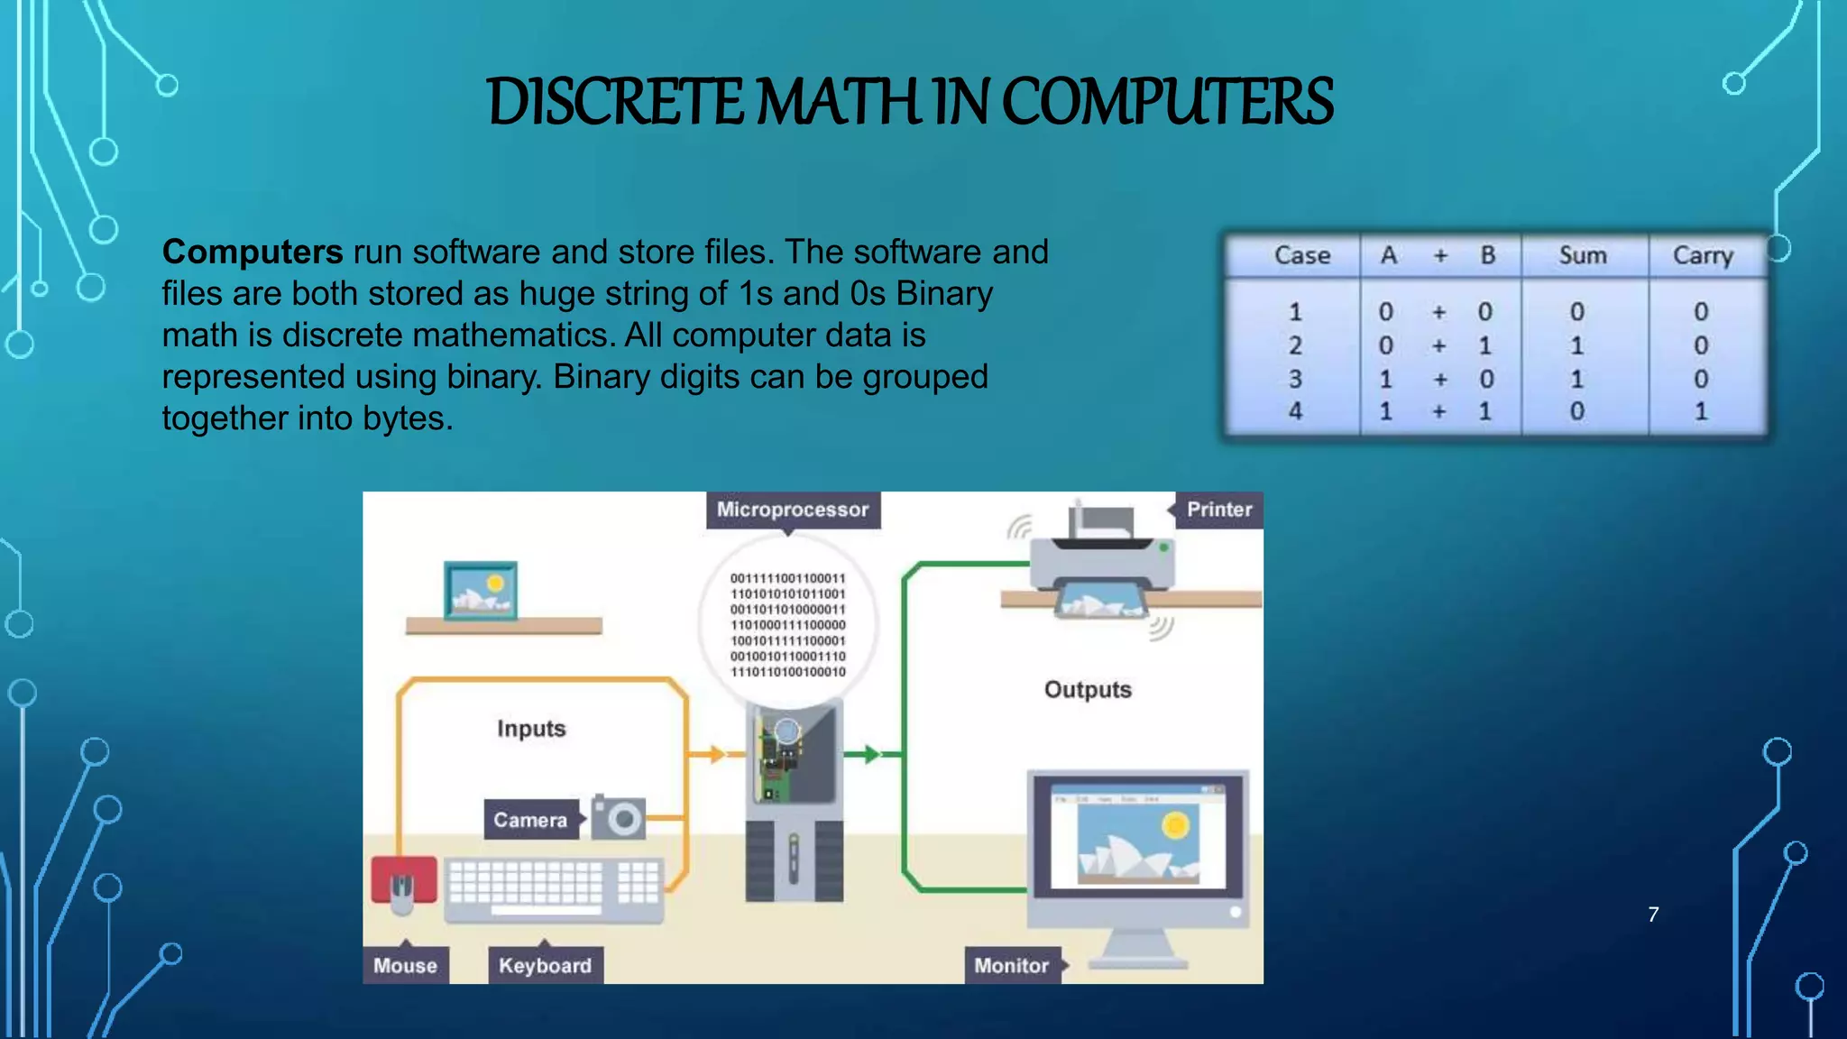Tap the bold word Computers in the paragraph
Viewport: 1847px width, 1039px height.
(253, 252)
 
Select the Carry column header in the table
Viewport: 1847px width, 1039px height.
(1703, 256)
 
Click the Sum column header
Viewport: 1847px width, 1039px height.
(1583, 256)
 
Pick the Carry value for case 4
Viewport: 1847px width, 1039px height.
(1701, 412)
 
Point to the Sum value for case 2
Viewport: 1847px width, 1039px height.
(1576, 345)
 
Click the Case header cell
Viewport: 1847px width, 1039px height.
(1301, 256)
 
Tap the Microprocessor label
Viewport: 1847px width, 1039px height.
(792, 510)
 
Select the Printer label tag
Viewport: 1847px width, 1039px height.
(1218, 510)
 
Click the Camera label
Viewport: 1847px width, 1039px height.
(530, 820)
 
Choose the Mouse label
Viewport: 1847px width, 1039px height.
(405, 966)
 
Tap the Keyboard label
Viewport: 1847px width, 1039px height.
(545, 966)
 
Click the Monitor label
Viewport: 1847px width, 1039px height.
(1011, 966)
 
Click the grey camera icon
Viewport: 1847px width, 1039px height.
(620, 818)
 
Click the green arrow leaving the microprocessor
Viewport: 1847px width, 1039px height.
(868, 754)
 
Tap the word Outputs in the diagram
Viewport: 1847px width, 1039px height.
(1088, 690)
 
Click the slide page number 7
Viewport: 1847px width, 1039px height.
(1653, 915)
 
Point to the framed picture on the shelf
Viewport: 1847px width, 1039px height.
(481, 591)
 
